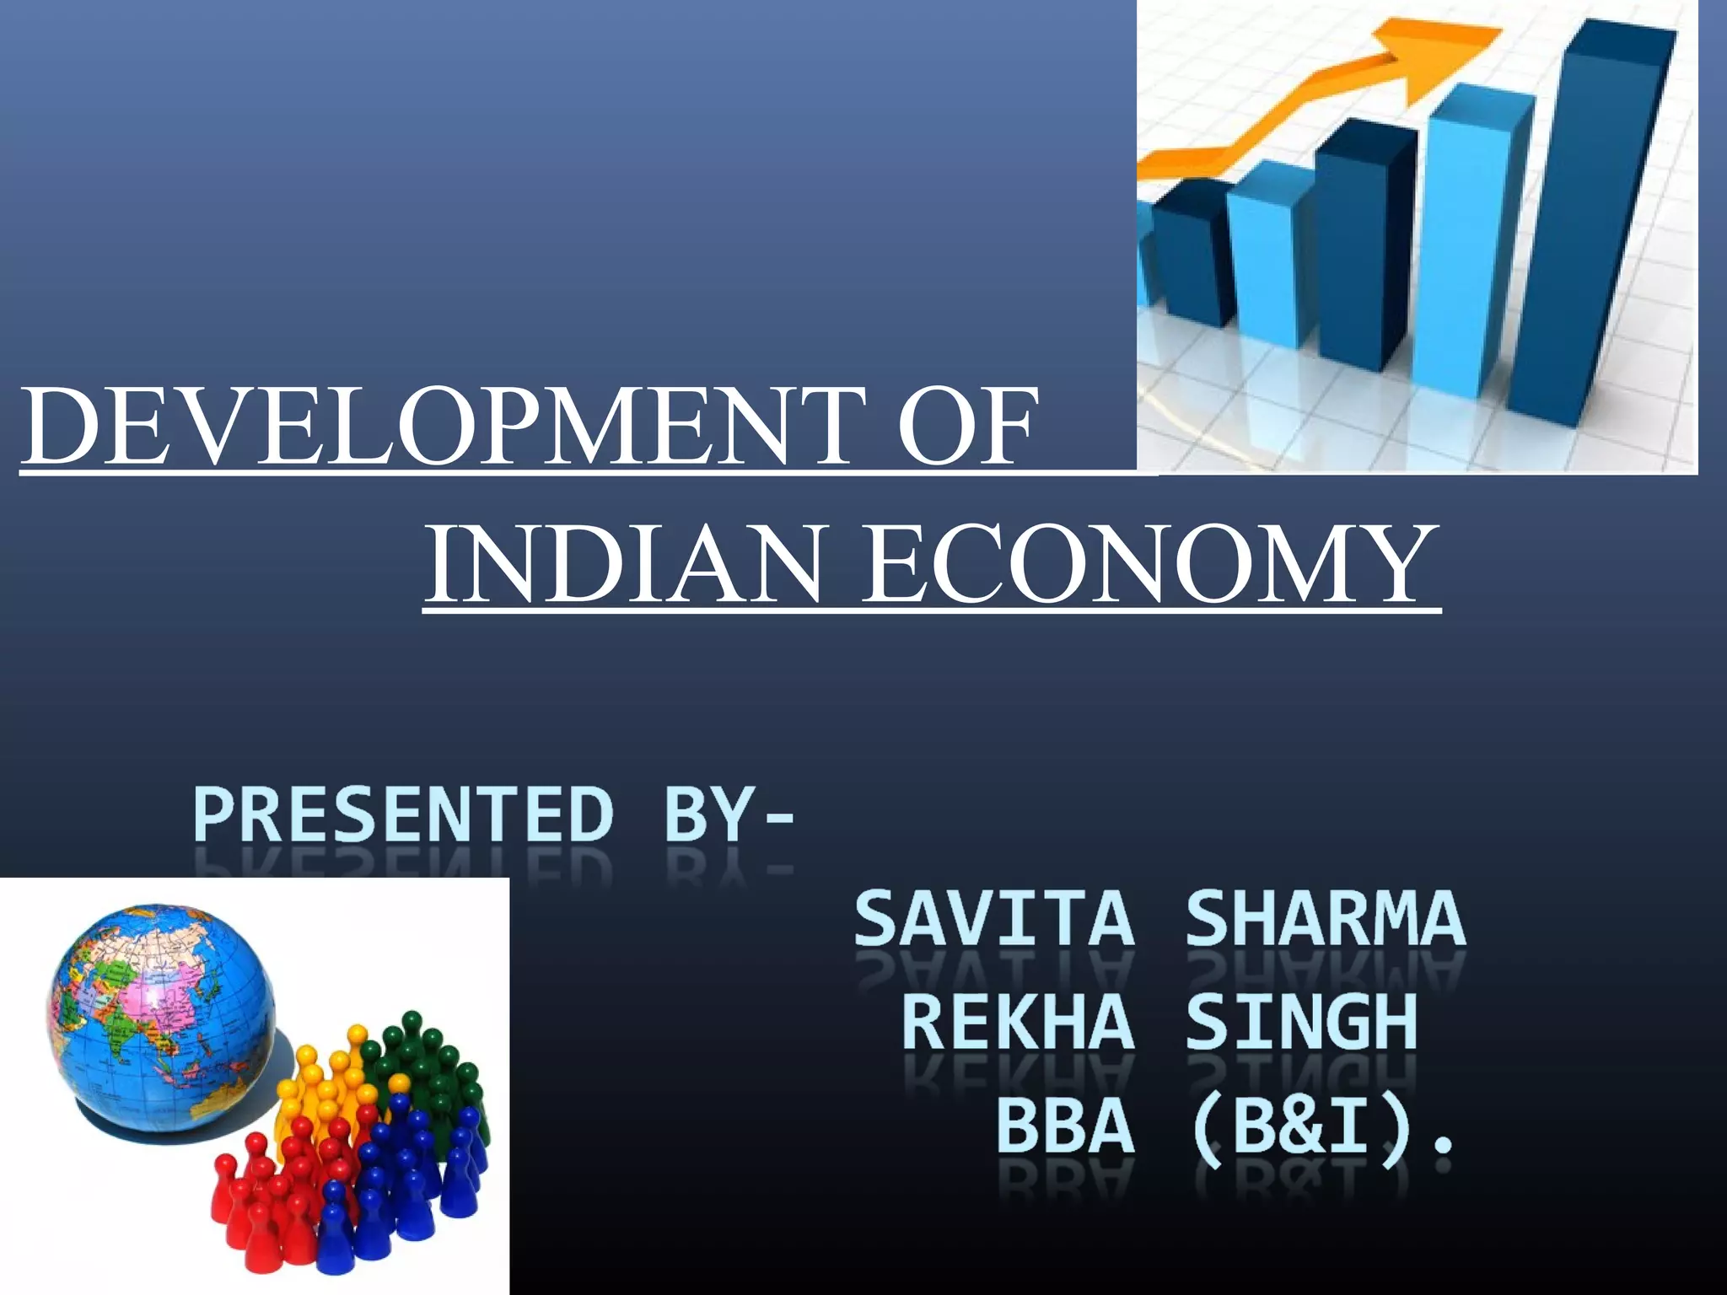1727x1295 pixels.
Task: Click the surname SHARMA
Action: pos(1326,919)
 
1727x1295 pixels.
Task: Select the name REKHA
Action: pos(1018,1023)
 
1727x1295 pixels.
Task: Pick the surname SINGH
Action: pos(1301,1023)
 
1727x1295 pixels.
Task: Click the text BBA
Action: pos(1065,1127)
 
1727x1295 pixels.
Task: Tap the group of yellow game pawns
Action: pos(325,1088)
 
